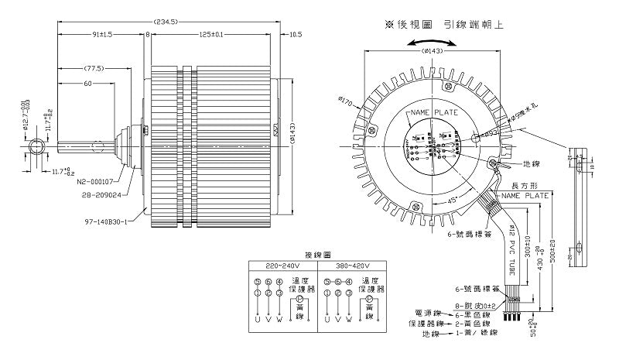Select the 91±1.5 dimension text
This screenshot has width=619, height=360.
click(101, 35)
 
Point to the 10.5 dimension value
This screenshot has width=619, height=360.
click(295, 35)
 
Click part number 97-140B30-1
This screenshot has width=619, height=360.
click(106, 220)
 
